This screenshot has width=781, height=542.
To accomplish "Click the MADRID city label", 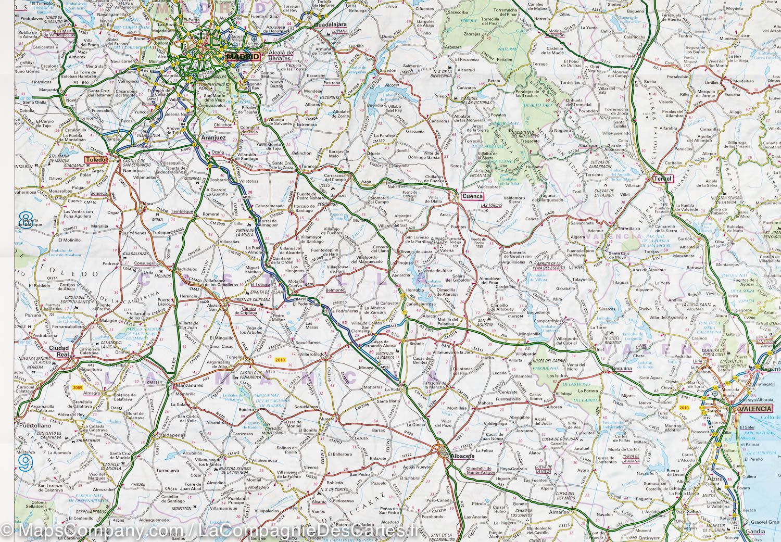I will pyautogui.click(x=244, y=56).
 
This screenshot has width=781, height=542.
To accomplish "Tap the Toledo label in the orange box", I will pyautogui.click(x=96, y=160).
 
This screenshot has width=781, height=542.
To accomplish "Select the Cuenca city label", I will pyautogui.click(x=472, y=197).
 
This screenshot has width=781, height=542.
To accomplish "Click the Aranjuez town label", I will pyautogui.click(x=212, y=138).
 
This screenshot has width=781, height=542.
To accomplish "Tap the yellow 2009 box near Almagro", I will pyautogui.click(x=78, y=388).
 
